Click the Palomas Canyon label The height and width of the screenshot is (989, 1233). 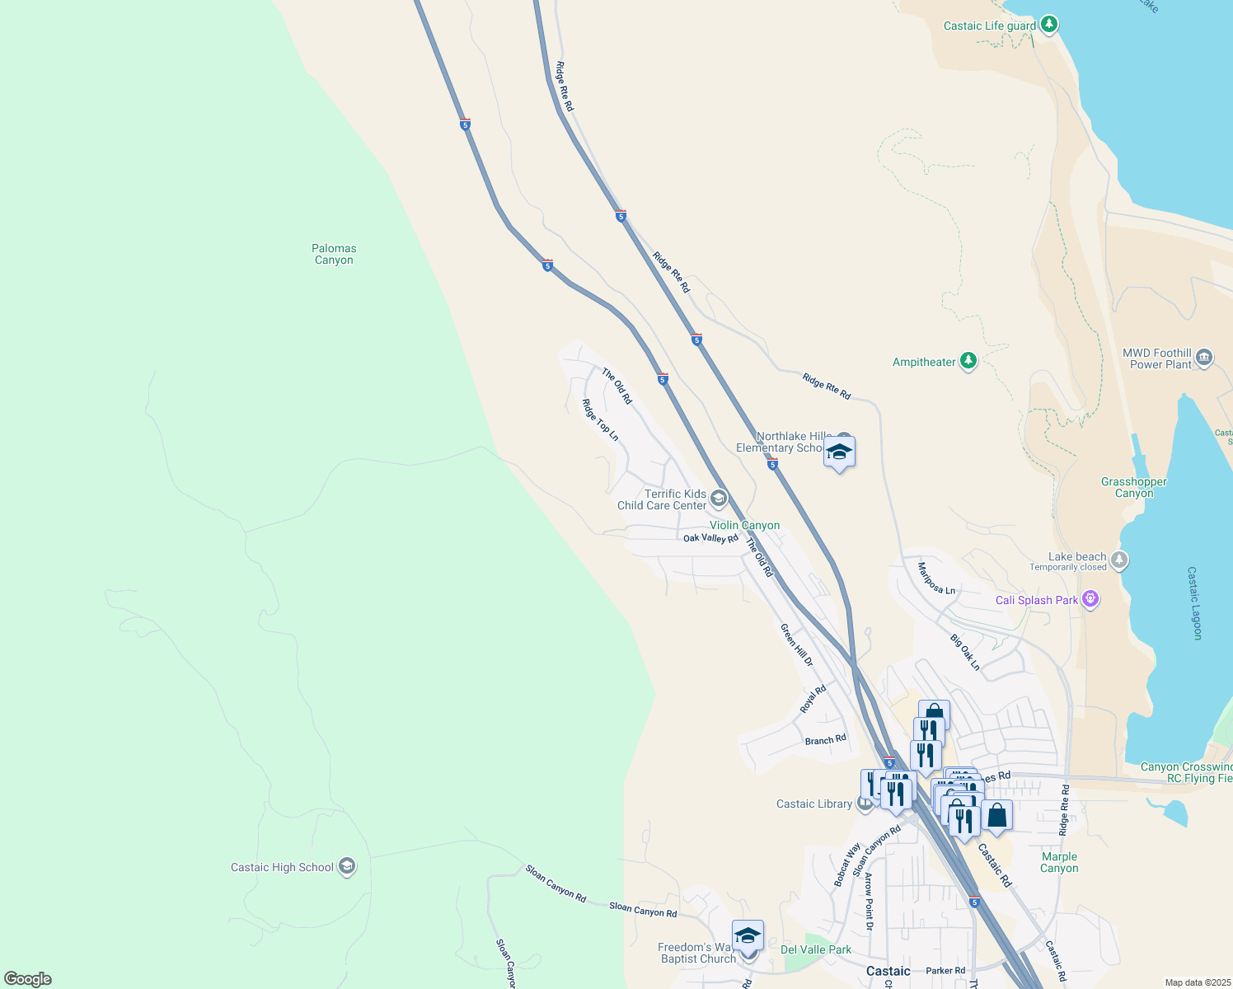click(334, 254)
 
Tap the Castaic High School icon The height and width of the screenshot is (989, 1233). click(347, 867)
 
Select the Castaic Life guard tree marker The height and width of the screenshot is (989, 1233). click(1048, 25)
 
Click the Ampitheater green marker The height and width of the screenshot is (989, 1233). click(968, 361)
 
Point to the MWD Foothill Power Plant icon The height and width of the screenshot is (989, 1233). click(1204, 357)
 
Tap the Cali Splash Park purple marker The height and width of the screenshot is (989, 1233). click(1090, 599)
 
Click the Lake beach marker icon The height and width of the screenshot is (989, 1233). click(1118, 560)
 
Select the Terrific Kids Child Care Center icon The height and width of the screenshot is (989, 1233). click(719, 498)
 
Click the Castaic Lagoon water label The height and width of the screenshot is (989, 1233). click(1195, 602)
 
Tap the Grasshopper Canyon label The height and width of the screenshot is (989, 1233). click(1134, 487)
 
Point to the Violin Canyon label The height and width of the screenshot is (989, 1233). click(744, 525)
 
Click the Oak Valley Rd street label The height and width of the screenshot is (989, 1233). click(710, 538)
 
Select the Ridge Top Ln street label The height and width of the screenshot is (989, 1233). click(600, 420)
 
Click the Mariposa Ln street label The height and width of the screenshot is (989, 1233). click(936, 578)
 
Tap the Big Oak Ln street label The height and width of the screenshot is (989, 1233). click(965, 652)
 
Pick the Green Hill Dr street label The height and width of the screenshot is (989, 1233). click(797, 645)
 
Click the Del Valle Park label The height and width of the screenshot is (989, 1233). click(816, 949)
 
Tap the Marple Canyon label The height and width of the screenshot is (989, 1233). click(1059, 862)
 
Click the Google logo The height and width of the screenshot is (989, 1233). click(28, 979)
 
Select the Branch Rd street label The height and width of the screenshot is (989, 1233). click(825, 740)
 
